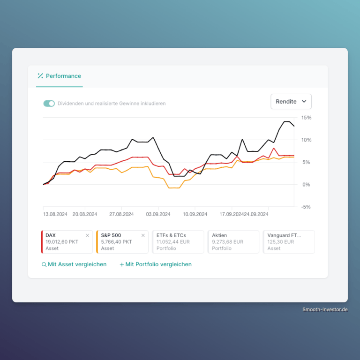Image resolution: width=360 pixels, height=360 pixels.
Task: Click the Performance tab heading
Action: coord(60,76)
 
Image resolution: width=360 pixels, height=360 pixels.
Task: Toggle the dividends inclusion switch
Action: coord(49,104)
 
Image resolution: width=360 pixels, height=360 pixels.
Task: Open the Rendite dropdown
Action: coord(291,101)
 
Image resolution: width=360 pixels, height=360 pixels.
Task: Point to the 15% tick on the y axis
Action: coord(306,118)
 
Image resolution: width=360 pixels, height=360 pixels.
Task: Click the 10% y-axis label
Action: coord(306,140)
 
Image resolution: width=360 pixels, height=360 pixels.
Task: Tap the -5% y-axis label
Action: coord(306,207)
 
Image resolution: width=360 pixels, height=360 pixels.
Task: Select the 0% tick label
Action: coord(306,185)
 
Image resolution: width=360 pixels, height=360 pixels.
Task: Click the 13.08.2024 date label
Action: coord(55,214)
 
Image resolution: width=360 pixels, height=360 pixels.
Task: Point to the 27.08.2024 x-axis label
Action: coord(121,214)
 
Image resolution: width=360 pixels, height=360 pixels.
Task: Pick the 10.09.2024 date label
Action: coord(195,214)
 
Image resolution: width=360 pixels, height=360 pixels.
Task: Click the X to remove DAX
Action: coord(88,235)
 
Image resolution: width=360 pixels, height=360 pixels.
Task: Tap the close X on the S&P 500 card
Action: coord(143,235)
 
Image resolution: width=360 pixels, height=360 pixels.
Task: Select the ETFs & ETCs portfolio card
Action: coord(178,242)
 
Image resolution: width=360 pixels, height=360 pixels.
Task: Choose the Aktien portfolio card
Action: coord(233,242)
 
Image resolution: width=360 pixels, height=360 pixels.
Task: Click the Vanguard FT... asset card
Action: coord(289,242)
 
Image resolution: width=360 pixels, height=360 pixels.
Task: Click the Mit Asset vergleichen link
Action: coord(74,264)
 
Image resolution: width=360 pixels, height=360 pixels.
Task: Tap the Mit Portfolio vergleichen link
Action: coord(156,264)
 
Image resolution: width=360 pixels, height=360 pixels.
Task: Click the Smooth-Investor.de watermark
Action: coord(325,310)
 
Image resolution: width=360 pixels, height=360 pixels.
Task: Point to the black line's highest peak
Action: coord(287,121)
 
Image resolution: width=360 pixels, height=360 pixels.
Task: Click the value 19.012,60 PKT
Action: coord(62,242)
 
